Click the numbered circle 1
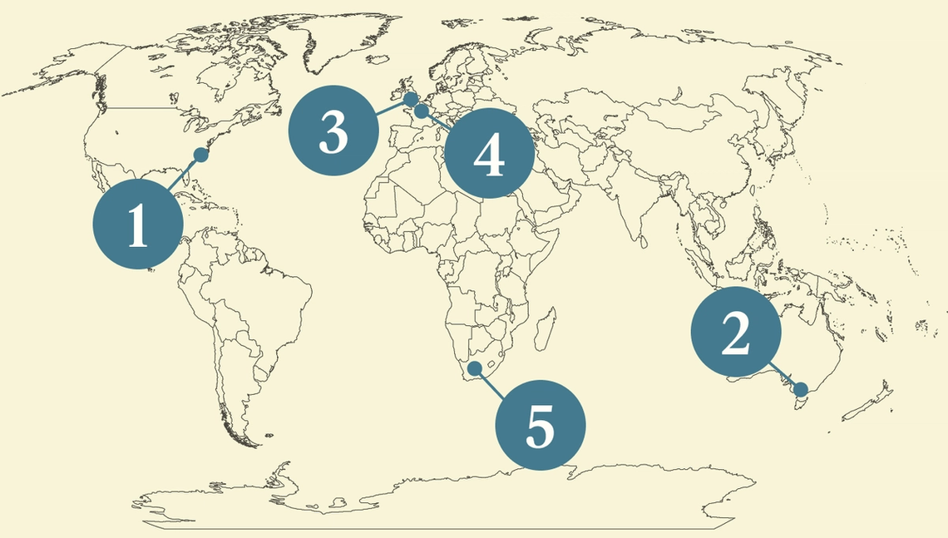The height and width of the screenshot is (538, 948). coord(137,225)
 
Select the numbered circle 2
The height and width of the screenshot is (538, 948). coord(736,333)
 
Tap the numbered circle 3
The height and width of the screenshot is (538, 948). coord(333,131)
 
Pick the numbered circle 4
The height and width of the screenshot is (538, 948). coord(489,154)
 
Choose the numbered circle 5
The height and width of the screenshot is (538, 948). coord(541,425)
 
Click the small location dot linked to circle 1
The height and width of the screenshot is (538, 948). coord(200,154)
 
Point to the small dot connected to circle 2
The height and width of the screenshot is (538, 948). coord(801,389)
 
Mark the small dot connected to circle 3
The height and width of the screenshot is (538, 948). coord(410,100)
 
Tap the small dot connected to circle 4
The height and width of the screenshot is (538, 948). coord(421,111)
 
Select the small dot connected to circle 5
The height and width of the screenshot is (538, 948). coord(475,368)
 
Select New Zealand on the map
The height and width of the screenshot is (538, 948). coord(869,403)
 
